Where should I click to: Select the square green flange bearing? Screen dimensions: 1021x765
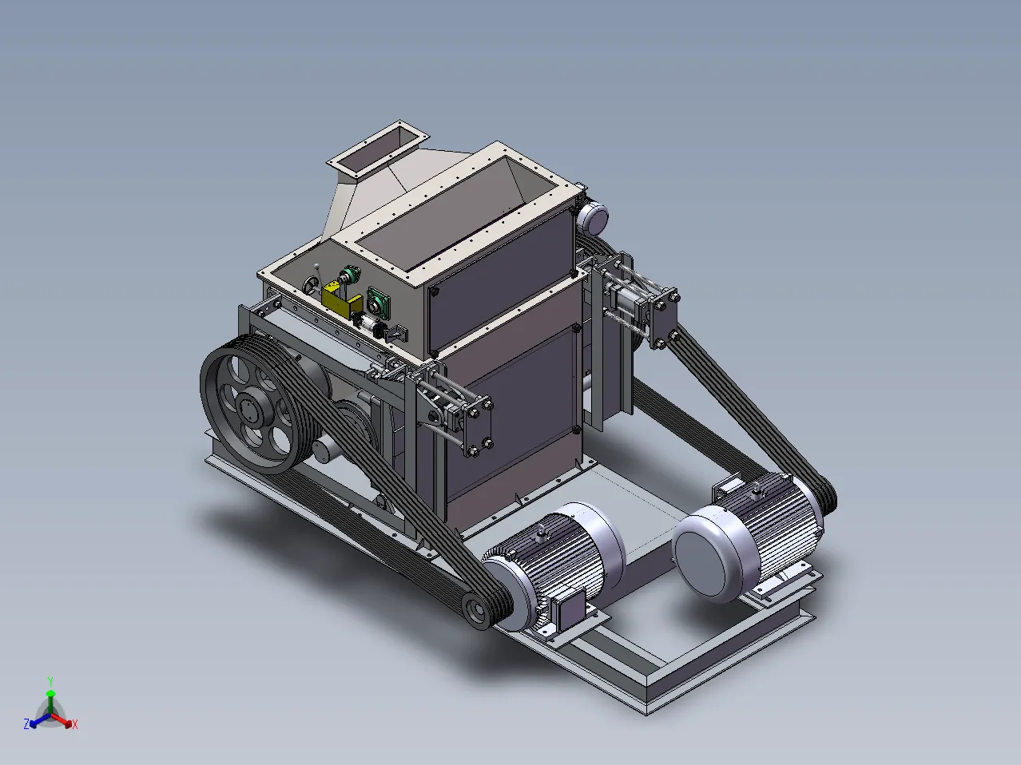tap(379, 300)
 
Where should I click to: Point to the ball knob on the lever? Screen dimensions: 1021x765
tap(317, 266)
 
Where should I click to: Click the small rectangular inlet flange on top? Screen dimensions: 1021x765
tap(377, 149)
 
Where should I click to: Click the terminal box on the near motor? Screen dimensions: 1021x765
tap(570, 608)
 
